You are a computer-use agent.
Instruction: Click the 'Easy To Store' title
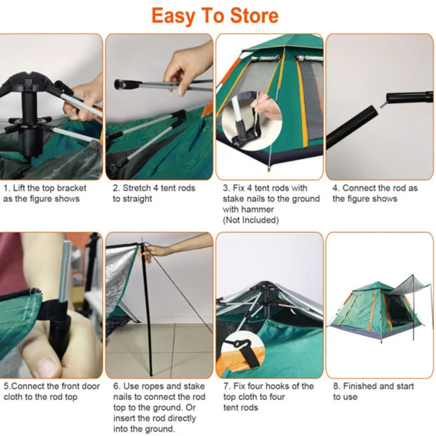click(x=215, y=16)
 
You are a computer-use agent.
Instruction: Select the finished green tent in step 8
click(x=365, y=311)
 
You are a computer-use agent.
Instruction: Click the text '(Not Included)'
click(x=250, y=220)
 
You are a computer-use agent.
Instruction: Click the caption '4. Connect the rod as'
click(x=375, y=188)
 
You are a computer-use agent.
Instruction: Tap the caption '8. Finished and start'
click(x=373, y=386)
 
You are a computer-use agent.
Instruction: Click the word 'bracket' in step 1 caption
click(x=70, y=188)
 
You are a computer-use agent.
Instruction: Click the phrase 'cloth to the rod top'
click(x=40, y=397)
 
